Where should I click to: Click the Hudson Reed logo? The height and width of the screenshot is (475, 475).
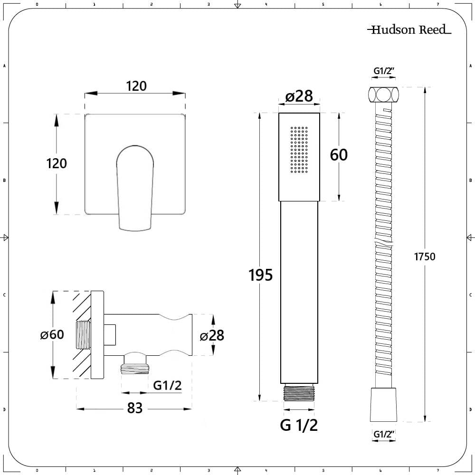pyautogui.click(x=409, y=29)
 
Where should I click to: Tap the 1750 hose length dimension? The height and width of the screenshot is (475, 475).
pyautogui.click(x=425, y=256)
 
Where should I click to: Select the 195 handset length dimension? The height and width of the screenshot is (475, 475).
pyautogui.click(x=260, y=275)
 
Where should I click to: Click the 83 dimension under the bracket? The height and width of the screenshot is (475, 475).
pyautogui.click(x=135, y=408)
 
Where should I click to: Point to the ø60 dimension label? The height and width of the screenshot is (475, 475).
pyautogui.click(x=52, y=334)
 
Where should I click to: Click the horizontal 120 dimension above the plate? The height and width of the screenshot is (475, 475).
pyautogui.click(x=136, y=86)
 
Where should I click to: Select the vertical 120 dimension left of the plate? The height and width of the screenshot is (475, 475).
pyautogui.click(x=57, y=163)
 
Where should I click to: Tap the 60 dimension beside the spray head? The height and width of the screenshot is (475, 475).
pyautogui.click(x=339, y=155)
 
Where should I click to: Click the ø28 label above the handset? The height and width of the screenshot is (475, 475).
pyautogui.click(x=299, y=96)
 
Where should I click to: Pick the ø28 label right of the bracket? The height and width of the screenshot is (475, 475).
pyautogui.click(x=212, y=335)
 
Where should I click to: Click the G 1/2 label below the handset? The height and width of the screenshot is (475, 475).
pyautogui.click(x=299, y=425)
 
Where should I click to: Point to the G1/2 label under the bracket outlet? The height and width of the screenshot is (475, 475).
pyautogui.click(x=168, y=385)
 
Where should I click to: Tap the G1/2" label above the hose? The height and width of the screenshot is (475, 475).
pyautogui.click(x=384, y=71)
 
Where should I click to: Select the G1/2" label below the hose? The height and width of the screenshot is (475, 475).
pyautogui.click(x=384, y=434)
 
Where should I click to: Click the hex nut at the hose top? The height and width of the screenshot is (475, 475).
pyautogui.click(x=383, y=95)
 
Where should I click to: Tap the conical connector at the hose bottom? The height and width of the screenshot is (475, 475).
pyautogui.click(x=383, y=404)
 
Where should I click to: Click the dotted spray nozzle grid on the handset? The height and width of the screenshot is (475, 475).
pyautogui.click(x=299, y=150)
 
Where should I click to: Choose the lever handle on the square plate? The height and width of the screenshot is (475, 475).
pyautogui.click(x=135, y=188)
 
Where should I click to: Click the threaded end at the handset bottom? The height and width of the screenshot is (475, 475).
pyautogui.click(x=299, y=392)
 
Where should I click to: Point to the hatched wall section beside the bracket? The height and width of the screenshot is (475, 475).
pyautogui.click(x=82, y=335)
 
